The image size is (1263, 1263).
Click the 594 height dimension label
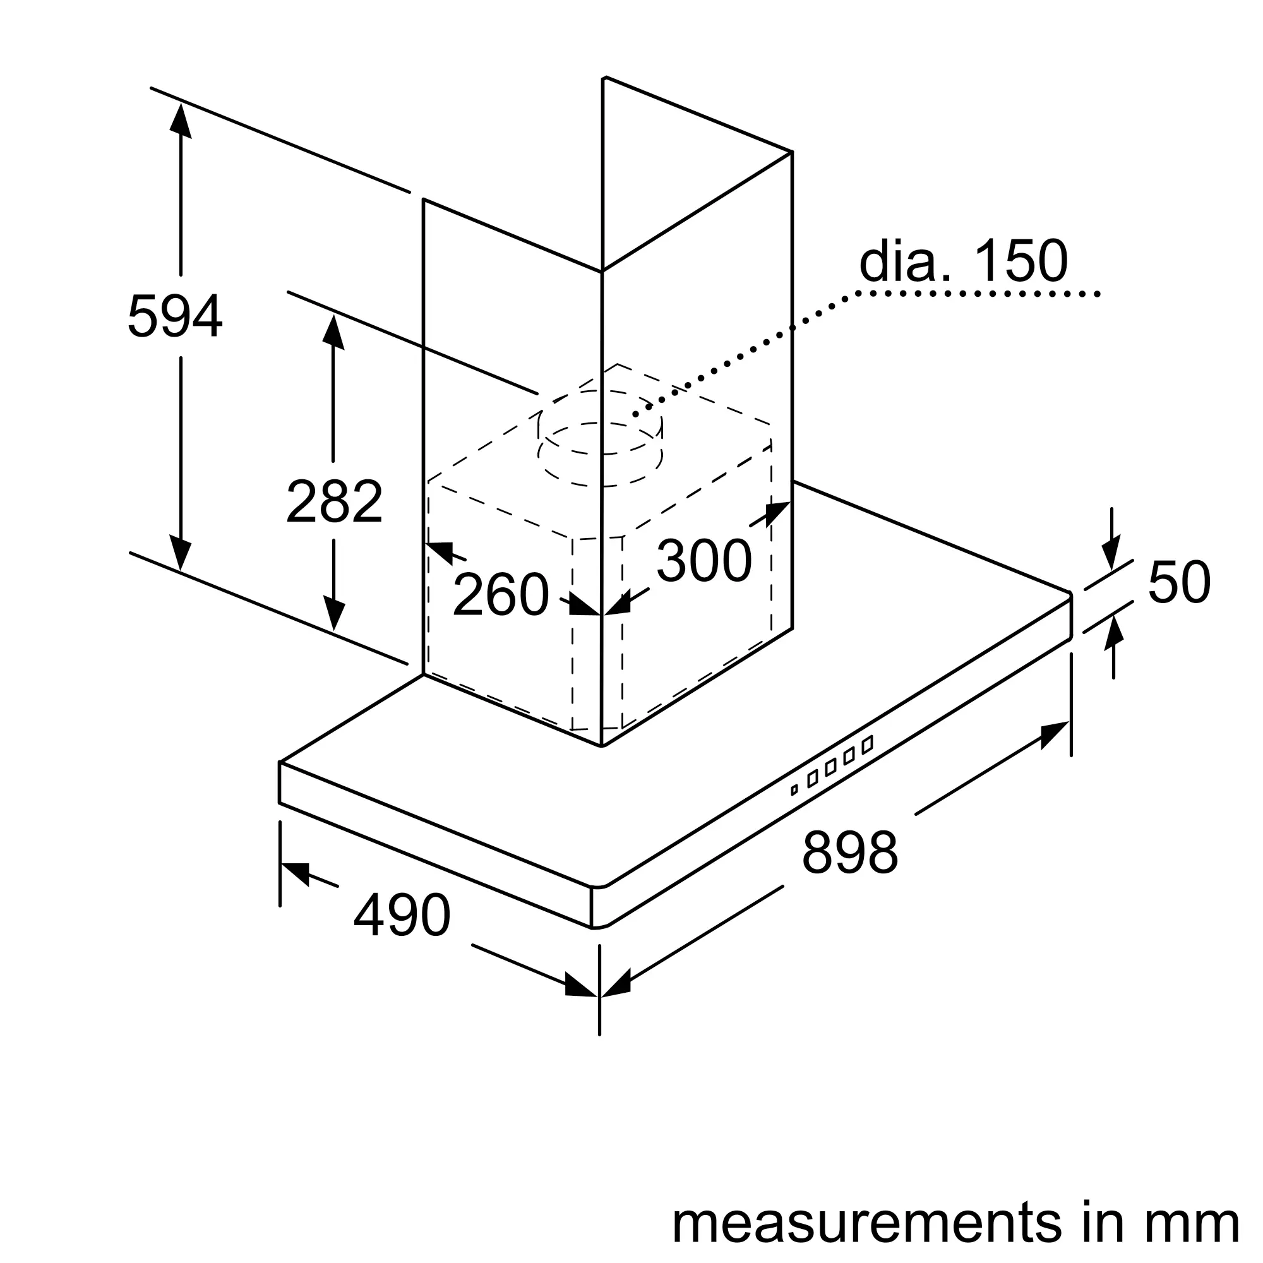[x=174, y=316]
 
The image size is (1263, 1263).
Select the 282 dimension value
[x=334, y=501]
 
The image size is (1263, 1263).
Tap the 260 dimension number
[x=500, y=594]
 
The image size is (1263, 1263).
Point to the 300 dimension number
[x=704, y=560]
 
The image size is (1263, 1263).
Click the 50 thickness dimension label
[x=1178, y=582]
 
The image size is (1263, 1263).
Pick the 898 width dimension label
[x=850, y=852]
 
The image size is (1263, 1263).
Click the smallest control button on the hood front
[x=794, y=790]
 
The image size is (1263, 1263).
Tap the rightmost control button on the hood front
[x=868, y=745]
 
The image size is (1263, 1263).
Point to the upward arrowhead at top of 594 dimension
[x=181, y=121]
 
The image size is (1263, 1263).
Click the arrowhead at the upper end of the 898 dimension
[x=1054, y=733]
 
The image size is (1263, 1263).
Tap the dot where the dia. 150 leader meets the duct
[x=635, y=414]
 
